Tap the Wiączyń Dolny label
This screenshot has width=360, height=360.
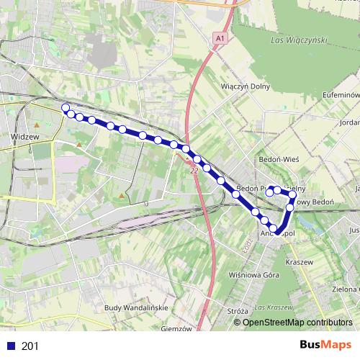click(246, 86)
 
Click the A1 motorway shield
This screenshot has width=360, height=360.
click(219, 37)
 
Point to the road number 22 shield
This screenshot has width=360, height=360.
click(194, 171)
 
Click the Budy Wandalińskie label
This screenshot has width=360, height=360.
click(136, 307)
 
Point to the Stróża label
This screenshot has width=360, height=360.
click(237, 311)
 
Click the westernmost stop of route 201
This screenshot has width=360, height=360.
click(66, 108)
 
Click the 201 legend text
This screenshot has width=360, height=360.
click(30, 346)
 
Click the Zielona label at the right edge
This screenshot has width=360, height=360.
click(345, 288)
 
